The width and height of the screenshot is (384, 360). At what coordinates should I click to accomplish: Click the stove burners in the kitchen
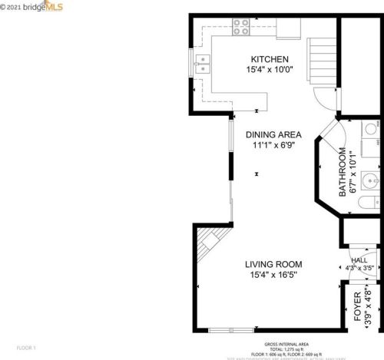tap(241, 27)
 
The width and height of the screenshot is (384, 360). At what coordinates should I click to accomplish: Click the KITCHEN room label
tap(270, 59)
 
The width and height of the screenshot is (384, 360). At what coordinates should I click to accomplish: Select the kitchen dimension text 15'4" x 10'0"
tap(270, 69)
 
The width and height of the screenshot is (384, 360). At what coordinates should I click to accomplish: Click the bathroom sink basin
tap(369, 181)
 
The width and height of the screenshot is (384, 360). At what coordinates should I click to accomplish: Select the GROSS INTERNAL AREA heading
tap(286, 344)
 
